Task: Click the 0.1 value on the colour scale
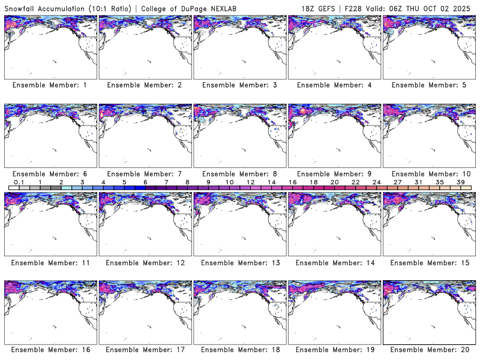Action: click(x=19, y=182)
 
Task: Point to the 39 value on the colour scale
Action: click(x=461, y=182)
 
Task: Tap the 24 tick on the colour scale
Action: click(x=377, y=182)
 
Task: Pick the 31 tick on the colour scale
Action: click(x=419, y=182)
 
